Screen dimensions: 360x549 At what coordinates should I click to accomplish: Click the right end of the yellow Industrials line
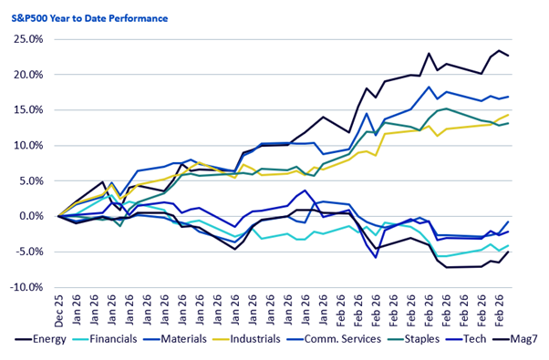508,115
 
